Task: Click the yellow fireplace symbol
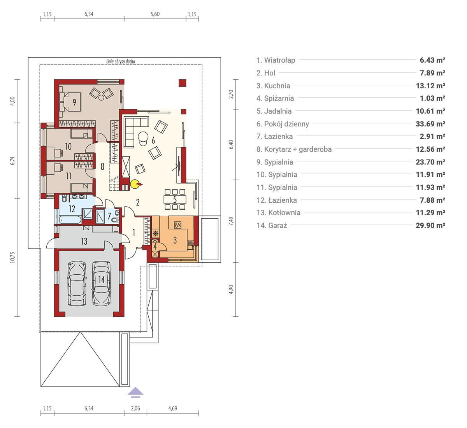[x=135, y=184]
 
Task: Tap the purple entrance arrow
[x=135, y=392]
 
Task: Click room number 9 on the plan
[x=74, y=102]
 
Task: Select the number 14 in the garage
[x=102, y=280]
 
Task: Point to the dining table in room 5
[x=175, y=200]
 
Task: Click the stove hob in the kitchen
[x=178, y=225]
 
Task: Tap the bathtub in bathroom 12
[x=70, y=220]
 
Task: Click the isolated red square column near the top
[x=183, y=83]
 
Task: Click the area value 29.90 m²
[x=430, y=225]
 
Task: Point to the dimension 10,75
[x=12, y=257]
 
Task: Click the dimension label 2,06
[x=135, y=408]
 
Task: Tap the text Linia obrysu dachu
[x=121, y=61]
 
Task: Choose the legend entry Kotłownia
[x=278, y=212]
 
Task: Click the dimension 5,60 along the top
[x=155, y=14]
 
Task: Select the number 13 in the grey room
[x=84, y=241]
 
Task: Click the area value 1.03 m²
[x=432, y=98]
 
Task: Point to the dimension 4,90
[x=231, y=289]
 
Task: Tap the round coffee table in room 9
[x=101, y=98]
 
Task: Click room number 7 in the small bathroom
[x=109, y=216]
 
